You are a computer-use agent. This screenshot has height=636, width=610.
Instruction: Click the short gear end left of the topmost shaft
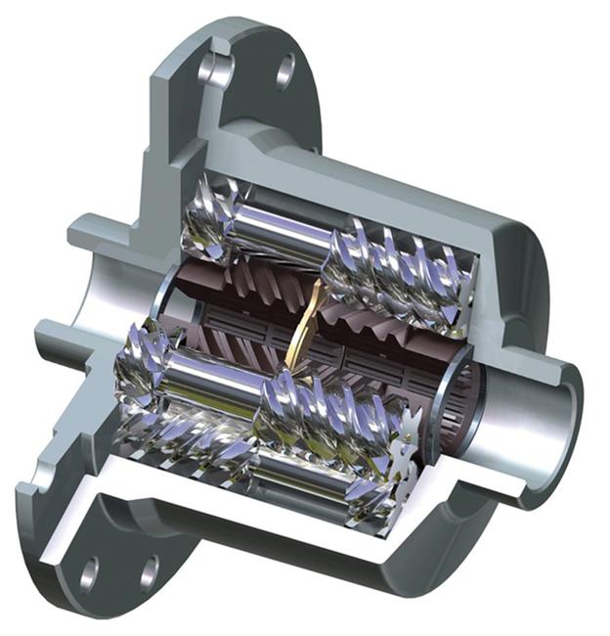(205, 220)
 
